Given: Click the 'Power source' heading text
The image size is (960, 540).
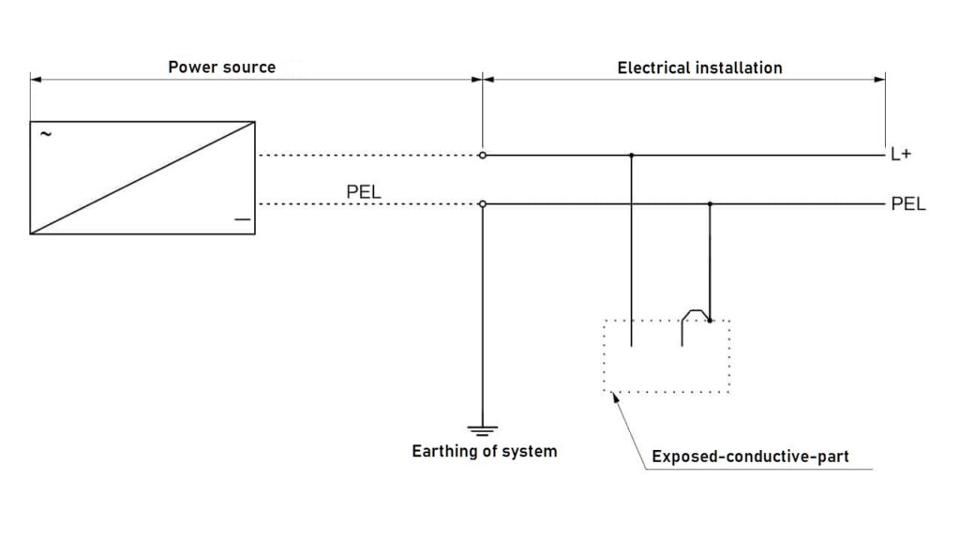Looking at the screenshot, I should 221,67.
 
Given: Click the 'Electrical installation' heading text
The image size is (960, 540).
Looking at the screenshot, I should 699,67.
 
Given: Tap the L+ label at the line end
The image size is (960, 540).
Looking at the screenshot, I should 901,155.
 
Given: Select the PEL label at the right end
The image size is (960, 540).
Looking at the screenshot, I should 908,204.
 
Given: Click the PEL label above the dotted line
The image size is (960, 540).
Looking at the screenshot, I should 365,191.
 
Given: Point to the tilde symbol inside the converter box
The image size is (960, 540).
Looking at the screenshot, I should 45,134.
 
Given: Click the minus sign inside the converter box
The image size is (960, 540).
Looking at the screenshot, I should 242,219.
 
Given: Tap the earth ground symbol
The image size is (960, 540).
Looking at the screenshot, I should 483,431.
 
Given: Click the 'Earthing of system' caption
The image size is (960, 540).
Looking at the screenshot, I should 485,452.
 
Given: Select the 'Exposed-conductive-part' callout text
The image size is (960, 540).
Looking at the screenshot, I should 750,457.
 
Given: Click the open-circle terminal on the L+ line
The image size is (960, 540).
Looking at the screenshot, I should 483,155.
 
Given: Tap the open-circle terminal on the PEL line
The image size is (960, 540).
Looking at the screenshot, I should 483,204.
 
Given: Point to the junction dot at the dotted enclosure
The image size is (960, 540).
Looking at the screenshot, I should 710,321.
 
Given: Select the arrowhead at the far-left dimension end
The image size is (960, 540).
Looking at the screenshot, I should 36,80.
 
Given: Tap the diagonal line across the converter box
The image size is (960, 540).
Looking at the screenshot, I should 142,177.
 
